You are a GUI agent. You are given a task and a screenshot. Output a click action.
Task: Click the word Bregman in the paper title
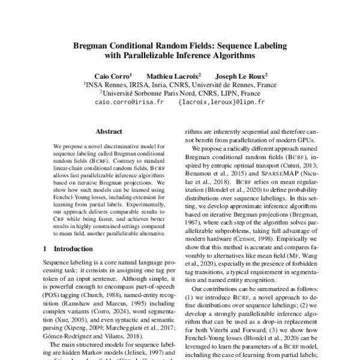[91, 45]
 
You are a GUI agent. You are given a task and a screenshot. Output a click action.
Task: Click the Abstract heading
[109, 131]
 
